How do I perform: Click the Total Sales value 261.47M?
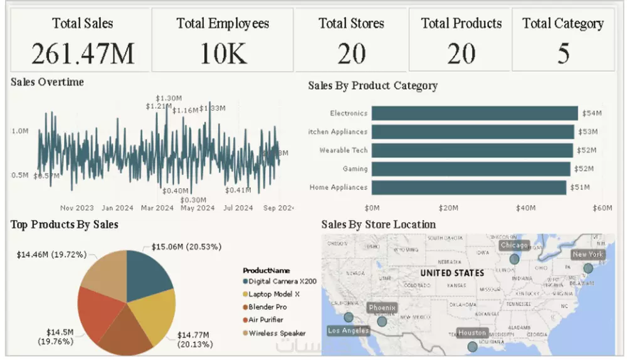click(83, 54)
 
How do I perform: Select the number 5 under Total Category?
click(563, 54)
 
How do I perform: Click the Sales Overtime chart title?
click(48, 82)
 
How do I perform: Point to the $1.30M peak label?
click(169, 98)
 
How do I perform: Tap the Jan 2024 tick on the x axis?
click(117, 208)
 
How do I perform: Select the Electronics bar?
click(474, 113)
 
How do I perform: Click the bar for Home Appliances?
click(468, 188)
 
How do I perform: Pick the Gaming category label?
click(355, 169)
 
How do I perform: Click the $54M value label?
click(591, 114)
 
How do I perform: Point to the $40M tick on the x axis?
click(525, 208)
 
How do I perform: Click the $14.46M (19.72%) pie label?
click(50, 255)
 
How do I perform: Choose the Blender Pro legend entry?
click(267, 307)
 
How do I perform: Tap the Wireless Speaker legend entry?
click(277, 333)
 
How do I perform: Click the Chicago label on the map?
click(514, 245)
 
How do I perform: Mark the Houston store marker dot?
click(472, 346)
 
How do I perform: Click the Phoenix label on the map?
click(382, 308)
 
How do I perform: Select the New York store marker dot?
click(587, 268)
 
